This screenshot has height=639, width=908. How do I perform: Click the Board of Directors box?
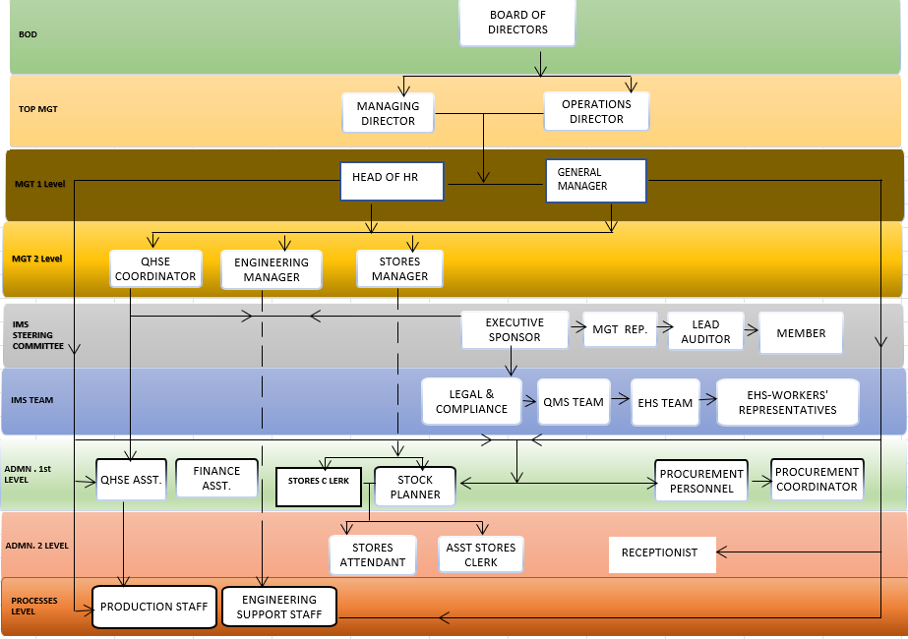tap(517, 23)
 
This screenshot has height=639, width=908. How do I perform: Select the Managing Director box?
tap(388, 113)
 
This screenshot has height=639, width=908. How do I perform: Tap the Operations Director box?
tap(596, 111)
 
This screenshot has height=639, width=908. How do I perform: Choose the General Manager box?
tap(595, 180)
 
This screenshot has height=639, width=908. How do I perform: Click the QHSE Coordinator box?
tap(156, 268)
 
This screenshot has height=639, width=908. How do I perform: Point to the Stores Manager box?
tap(399, 268)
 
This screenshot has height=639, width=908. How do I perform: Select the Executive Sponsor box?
tap(515, 329)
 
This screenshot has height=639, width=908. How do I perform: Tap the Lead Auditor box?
tap(705, 331)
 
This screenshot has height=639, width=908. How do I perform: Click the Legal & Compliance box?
tap(471, 401)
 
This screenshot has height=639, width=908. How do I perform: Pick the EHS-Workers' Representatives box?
tap(787, 401)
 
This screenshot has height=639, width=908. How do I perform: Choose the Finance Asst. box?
tap(217, 479)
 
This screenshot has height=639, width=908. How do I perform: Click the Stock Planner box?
tap(415, 487)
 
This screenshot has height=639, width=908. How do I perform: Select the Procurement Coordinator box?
tap(817, 479)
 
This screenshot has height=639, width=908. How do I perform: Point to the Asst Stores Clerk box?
tap(481, 554)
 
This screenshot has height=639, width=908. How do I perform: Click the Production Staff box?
tap(153, 607)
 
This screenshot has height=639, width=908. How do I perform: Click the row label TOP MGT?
tap(38, 109)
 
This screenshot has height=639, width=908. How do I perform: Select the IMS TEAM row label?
tap(32, 400)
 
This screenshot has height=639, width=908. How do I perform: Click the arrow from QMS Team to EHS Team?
tap(620, 400)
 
